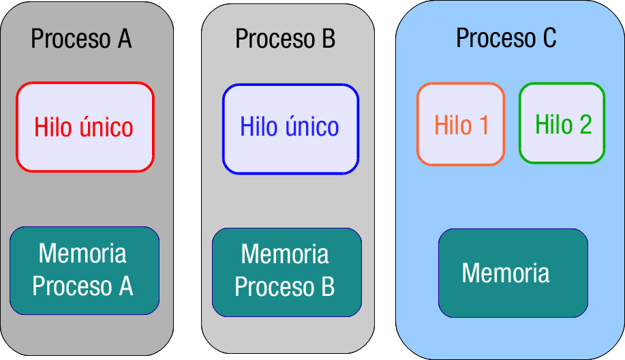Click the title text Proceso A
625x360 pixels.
pos(81,39)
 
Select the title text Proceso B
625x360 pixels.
pos(285,39)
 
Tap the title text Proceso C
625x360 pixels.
pos(506,38)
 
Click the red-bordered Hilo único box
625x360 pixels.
pos(85,127)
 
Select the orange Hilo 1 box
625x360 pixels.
pos(461,124)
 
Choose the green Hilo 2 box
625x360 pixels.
pos(562,124)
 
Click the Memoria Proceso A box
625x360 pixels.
pos(85,270)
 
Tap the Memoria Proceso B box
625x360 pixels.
pos(286,272)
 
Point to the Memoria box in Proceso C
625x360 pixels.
pos(513,273)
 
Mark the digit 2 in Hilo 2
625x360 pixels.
pos(585,125)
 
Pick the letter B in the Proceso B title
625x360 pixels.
pos(328,39)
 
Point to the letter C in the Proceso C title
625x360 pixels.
pos(549,38)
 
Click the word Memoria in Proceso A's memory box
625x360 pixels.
pos(82,254)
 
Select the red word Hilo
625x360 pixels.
pos(50,127)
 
